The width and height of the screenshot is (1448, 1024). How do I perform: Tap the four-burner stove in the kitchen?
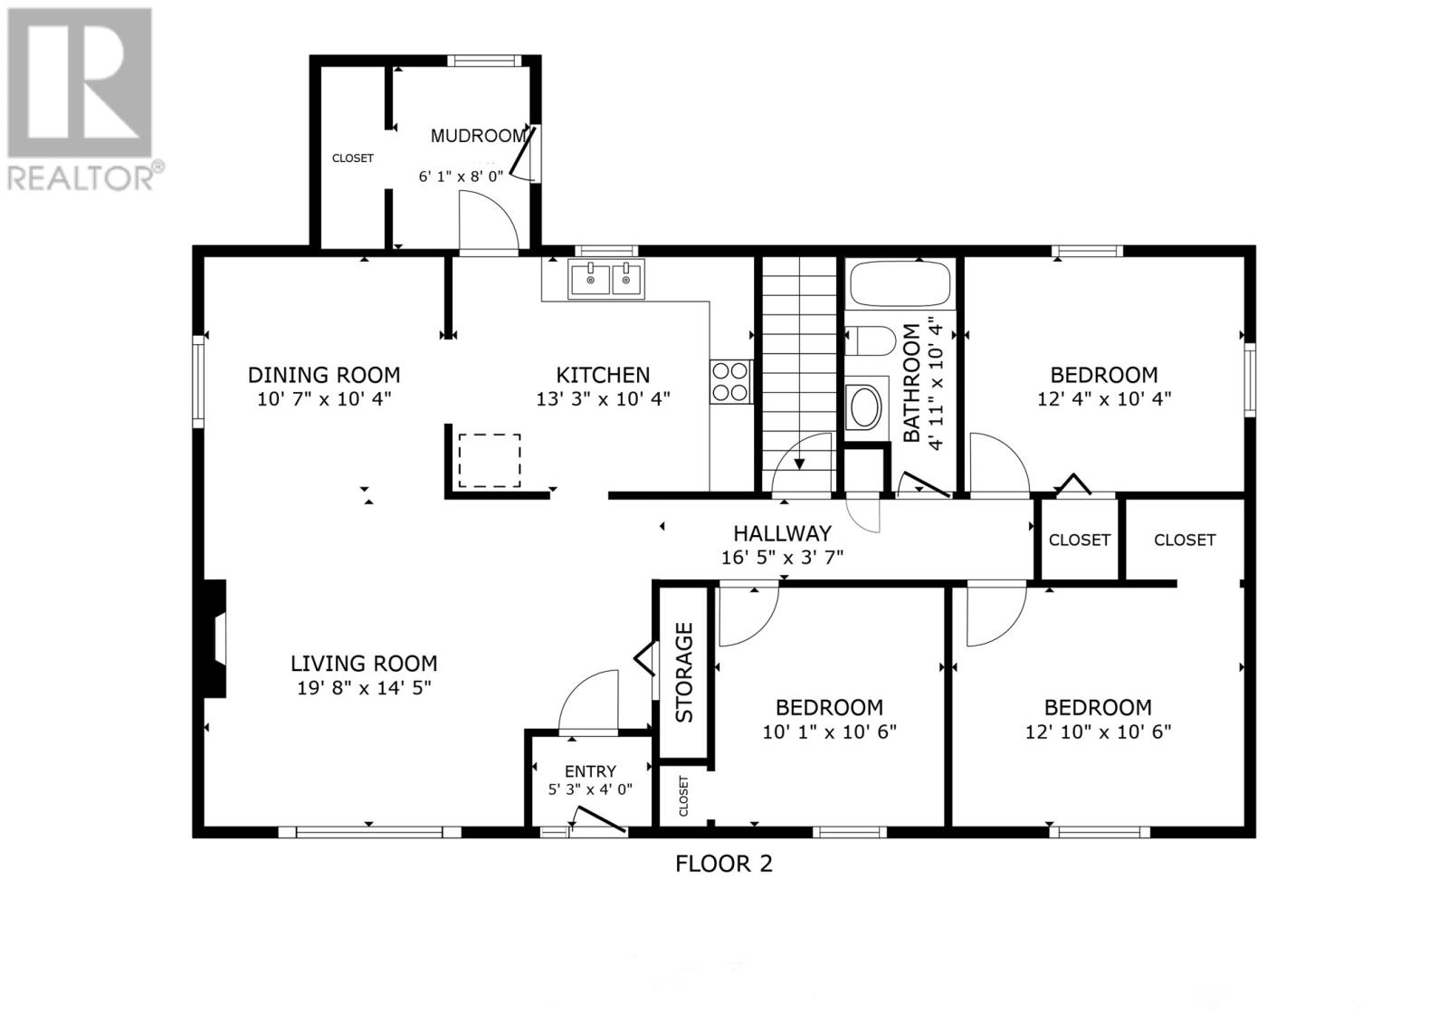[730, 381]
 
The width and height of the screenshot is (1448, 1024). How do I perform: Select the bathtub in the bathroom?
[900, 283]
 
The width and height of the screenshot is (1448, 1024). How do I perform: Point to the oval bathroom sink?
[865, 407]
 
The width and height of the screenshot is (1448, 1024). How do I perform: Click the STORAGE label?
[684, 672]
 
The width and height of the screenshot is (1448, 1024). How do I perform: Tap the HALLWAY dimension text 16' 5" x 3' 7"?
[782, 558]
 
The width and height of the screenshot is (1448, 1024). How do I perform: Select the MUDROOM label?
[477, 136]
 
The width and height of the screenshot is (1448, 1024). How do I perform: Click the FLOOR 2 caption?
[724, 863]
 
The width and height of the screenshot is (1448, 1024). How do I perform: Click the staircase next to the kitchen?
[797, 371]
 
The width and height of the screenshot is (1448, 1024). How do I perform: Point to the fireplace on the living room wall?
[214, 638]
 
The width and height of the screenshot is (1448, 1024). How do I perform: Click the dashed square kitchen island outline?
[490, 460]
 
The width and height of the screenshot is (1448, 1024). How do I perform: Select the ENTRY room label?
[590, 771]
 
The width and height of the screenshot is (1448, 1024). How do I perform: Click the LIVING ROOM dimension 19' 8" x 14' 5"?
[364, 688]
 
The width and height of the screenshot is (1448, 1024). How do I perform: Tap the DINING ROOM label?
[324, 375]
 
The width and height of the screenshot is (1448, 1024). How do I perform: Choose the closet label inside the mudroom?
[352, 158]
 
